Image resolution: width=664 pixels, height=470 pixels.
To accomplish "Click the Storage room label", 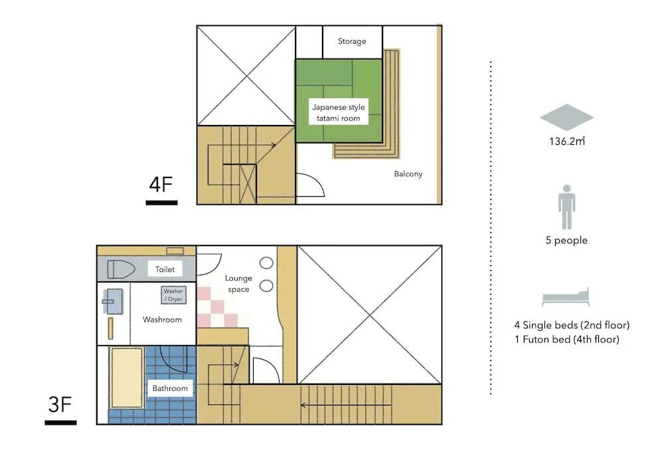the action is (x=352, y=41).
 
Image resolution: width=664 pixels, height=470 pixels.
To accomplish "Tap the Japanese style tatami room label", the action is (x=339, y=113).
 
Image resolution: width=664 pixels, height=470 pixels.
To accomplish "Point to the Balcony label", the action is (x=408, y=174).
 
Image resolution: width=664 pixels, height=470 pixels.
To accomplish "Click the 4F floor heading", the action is (x=161, y=184).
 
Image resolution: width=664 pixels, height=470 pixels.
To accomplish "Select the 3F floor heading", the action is (x=60, y=404).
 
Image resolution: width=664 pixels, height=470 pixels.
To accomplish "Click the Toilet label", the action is (x=165, y=269).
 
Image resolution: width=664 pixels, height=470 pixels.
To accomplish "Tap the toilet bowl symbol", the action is (x=121, y=269).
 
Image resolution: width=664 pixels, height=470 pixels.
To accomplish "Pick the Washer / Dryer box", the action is (x=173, y=295).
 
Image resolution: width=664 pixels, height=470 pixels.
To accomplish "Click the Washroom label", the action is (x=162, y=320).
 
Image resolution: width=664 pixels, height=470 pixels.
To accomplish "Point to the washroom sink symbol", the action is (x=113, y=301).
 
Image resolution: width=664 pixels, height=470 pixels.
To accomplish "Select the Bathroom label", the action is (x=170, y=388).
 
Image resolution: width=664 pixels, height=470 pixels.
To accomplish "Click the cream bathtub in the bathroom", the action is (x=126, y=378).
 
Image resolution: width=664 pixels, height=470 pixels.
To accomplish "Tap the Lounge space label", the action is (x=238, y=283).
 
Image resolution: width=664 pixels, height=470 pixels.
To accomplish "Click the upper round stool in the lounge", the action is (x=266, y=263).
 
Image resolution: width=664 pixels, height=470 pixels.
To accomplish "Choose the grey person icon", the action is (x=566, y=207).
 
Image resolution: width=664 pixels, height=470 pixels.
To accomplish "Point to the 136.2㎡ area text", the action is (x=567, y=141).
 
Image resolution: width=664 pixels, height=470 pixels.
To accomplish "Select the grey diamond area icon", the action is (x=566, y=117).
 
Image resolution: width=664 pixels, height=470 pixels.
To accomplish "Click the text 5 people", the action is (x=566, y=240).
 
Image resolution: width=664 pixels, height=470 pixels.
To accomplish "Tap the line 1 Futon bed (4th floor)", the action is (x=567, y=340).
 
